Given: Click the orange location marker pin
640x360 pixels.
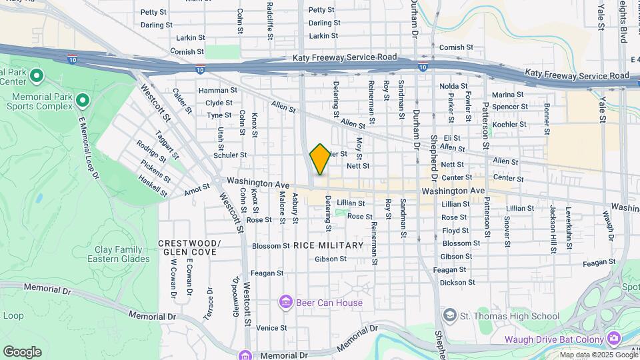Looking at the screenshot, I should click(320, 159).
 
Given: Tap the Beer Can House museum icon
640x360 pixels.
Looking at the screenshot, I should click(286, 303).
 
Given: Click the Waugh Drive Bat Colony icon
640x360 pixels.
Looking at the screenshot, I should click(613, 339).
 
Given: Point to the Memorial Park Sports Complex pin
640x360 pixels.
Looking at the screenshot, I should click(83, 101).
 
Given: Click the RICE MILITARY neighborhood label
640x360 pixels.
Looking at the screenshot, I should click(329, 245).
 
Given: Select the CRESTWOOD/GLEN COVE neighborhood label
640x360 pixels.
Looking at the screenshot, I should click(189, 247).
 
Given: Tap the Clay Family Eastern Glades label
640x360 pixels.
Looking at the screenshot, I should click(118, 254).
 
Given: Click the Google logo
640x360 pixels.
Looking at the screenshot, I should click(22, 351).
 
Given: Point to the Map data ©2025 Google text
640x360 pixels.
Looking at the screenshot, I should click(599, 355).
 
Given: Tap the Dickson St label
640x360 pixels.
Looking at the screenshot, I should click(458, 282).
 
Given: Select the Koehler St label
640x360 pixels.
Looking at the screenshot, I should click(510, 124).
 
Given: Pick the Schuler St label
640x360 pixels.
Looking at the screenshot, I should click(230, 155).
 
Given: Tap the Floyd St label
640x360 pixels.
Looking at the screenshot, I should click(455, 231).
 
